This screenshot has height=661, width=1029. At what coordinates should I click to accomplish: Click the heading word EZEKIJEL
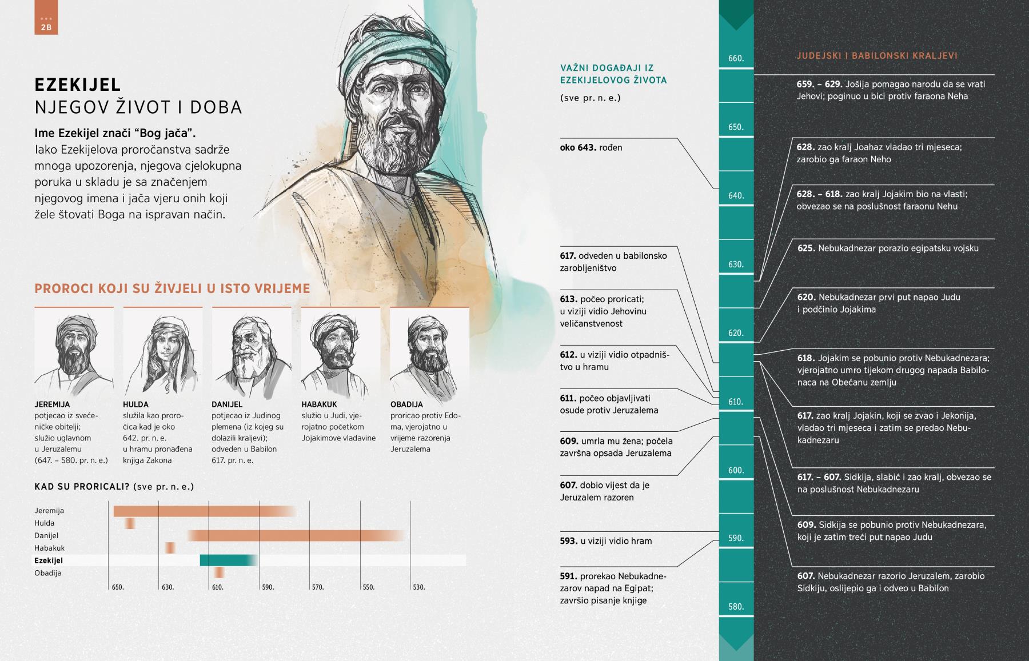pyautogui.click(x=78, y=85)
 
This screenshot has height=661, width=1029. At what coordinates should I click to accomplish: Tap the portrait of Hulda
pyautogui.click(x=163, y=351)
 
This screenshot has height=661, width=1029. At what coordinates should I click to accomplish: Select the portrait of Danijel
pyautogui.click(x=252, y=351)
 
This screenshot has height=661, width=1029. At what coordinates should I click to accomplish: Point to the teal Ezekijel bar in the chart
pyautogui.click(x=228, y=560)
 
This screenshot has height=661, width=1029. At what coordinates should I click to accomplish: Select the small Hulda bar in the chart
pyautogui.click(x=130, y=523)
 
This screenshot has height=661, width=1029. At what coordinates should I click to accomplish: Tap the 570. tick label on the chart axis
pyautogui.click(x=318, y=587)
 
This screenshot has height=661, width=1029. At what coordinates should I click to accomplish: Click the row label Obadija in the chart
pyautogui.click(x=48, y=573)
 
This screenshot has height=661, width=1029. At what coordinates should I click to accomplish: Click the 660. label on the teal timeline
pyautogui.click(x=736, y=58)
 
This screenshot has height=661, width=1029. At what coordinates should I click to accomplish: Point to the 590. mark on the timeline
pyautogui.click(x=736, y=538)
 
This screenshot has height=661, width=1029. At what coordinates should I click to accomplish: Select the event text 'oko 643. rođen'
pyautogui.click(x=591, y=147)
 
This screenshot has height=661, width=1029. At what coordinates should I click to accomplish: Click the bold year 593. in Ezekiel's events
pyautogui.click(x=568, y=541)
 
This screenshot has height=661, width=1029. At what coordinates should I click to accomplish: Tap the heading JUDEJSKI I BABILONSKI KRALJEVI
pyautogui.click(x=876, y=56)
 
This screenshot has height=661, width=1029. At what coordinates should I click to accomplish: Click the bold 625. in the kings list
pyautogui.click(x=806, y=249)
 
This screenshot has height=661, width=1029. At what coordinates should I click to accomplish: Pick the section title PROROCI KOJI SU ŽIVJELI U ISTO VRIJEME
pyautogui.click(x=172, y=289)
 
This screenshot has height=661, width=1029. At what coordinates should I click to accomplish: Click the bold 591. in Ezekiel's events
pyautogui.click(x=568, y=576)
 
